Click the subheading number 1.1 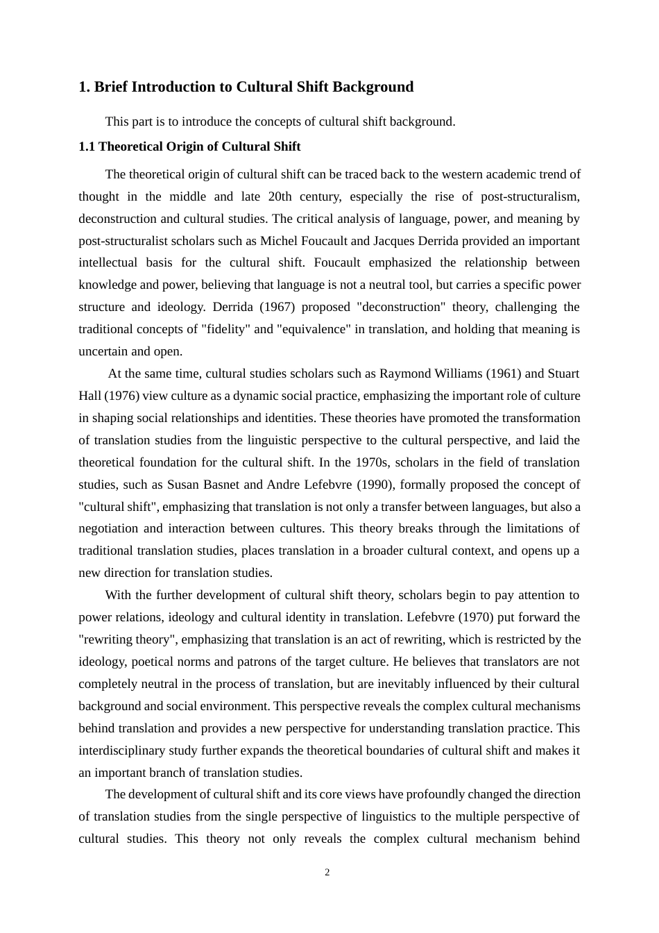(x=87, y=146)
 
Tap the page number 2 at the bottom (x=327, y=873)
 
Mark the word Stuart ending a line (x=563, y=373)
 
